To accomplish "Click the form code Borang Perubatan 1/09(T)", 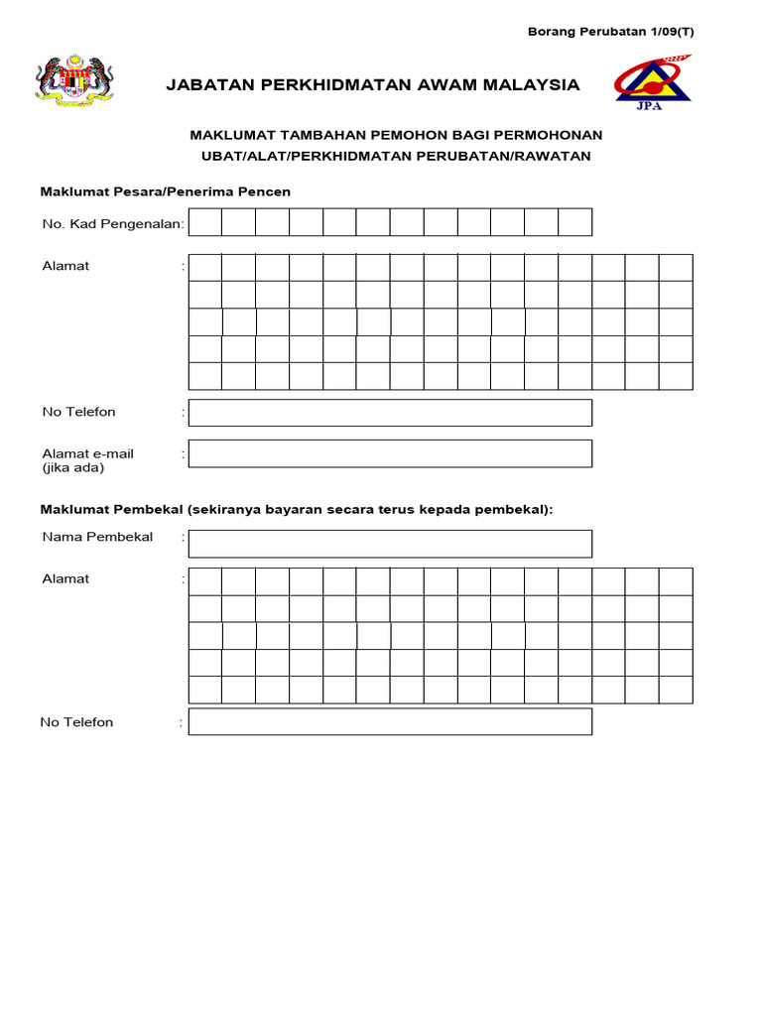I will click(610, 31).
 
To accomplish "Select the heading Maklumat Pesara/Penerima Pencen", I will click(165, 190).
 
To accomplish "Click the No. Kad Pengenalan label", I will click(113, 224).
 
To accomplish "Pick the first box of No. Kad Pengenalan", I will click(204, 222).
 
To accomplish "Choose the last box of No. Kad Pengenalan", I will click(574, 222).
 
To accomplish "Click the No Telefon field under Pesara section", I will click(390, 413).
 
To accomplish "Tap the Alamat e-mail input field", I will click(390, 453).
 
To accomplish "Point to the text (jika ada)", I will click(72, 467).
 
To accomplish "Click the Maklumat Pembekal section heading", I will click(297, 509).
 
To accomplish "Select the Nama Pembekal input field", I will click(390, 544).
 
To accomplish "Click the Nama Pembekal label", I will click(97, 537).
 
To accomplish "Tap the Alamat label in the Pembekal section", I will click(65, 578).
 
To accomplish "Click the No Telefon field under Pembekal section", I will click(390, 721).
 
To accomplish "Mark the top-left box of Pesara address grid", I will click(204, 268).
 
